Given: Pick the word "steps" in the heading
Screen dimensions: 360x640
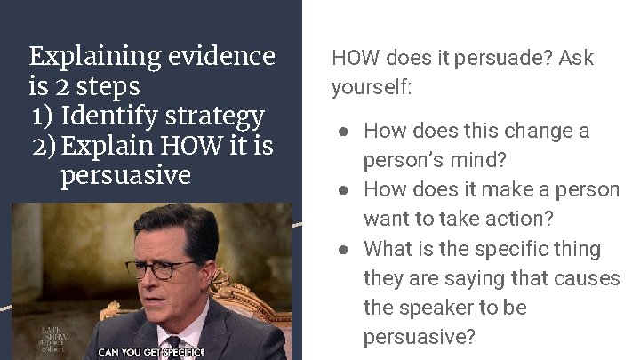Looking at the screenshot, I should point(109,86).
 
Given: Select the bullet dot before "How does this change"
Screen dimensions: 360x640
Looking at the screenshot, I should point(343,132).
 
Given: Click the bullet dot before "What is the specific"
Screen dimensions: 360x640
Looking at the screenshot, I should point(343,249).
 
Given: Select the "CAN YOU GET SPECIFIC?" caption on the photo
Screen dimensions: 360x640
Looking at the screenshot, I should point(151,352).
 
